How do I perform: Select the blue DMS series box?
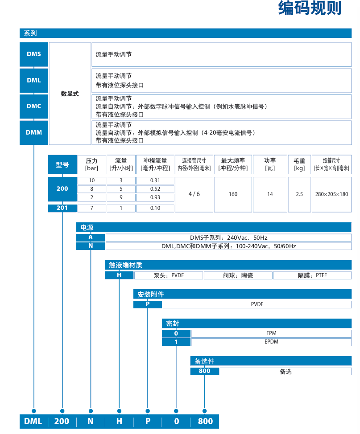pyautogui.click(x=34, y=54)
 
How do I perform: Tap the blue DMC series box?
pyautogui.click(x=34, y=106)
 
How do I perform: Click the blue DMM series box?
pyautogui.click(x=34, y=132)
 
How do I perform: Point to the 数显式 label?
pyautogui.click(x=70, y=94)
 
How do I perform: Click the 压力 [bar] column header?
pyautogui.click(x=91, y=164)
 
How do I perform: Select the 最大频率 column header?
pyautogui.click(x=233, y=164)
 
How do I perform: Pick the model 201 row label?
pyautogui.click(x=62, y=208)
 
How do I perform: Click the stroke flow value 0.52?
pyautogui.click(x=155, y=189)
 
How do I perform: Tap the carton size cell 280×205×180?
pyautogui.click(x=331, y=194)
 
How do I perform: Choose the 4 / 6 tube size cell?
pyautogui.click(x=194, y=194)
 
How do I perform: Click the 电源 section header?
pyautogui.click(x=87, y=228)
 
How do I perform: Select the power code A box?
pyautogui.click(x=91, y=237)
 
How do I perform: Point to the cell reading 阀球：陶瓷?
pyautogui.click(x=238, y=275)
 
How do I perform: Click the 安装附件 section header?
pyautogui.click(x=151, y=295)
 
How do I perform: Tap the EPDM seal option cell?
pyautogui.click(x=271, y=342)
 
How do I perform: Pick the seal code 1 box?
pyautogui.click(x=176, y=342)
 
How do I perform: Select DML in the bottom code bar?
pyautogui.click(x=33, y=422)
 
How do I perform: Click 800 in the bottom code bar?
pyautogui.click(x=205, y=422)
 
